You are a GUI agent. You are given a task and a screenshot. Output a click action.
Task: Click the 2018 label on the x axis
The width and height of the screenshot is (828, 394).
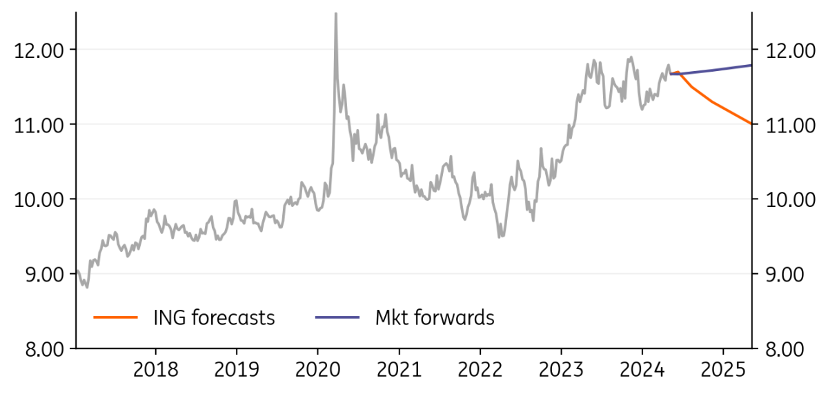pos(156,370)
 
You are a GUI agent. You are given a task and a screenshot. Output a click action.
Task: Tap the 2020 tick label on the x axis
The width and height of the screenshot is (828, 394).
pos(317,370)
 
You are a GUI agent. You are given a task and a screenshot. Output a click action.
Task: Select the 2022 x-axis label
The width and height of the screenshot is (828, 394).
pos(480,370)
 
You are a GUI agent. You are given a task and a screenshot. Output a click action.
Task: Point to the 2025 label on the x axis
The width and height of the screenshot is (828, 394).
pos(723,370)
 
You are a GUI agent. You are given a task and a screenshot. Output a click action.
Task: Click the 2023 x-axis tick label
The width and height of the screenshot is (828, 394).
pos(561,370)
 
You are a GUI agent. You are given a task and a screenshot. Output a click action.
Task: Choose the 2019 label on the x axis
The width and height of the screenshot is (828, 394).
pos(237,370)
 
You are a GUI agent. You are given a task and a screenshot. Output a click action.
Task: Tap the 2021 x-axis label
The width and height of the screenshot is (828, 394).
pos(400,370)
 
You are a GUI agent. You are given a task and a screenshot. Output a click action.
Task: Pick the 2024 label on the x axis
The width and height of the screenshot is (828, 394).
pos(642,370)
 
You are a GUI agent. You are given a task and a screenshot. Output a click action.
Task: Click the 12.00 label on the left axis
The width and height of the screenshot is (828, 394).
pos(39,50)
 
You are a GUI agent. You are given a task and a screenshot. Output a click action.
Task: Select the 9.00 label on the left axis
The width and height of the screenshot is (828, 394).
pos(45,275)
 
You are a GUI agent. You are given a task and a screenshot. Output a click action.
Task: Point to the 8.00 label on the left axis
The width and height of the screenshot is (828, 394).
pos(45,350)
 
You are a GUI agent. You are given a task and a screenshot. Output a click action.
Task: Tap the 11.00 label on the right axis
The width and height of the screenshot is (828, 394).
pos(790,126)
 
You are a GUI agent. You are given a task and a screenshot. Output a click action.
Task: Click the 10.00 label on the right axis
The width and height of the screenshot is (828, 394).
pos(790,200)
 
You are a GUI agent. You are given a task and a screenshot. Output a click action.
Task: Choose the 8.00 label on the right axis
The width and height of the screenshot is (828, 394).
pos(785,350)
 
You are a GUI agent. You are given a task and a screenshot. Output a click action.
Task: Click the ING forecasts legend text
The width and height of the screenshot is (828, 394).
pos(215,318)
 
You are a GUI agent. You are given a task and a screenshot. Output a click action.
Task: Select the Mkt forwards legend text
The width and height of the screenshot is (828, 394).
pos(435,318)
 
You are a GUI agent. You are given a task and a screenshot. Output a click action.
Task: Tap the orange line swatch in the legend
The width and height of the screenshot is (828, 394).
pos(115,317)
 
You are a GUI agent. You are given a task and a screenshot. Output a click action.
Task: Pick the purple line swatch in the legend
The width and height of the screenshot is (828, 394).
pos(337,317)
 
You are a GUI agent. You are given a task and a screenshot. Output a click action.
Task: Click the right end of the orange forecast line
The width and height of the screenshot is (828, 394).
pos(751,124)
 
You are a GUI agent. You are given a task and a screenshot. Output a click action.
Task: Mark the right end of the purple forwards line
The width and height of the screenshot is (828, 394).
pos(751,66)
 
